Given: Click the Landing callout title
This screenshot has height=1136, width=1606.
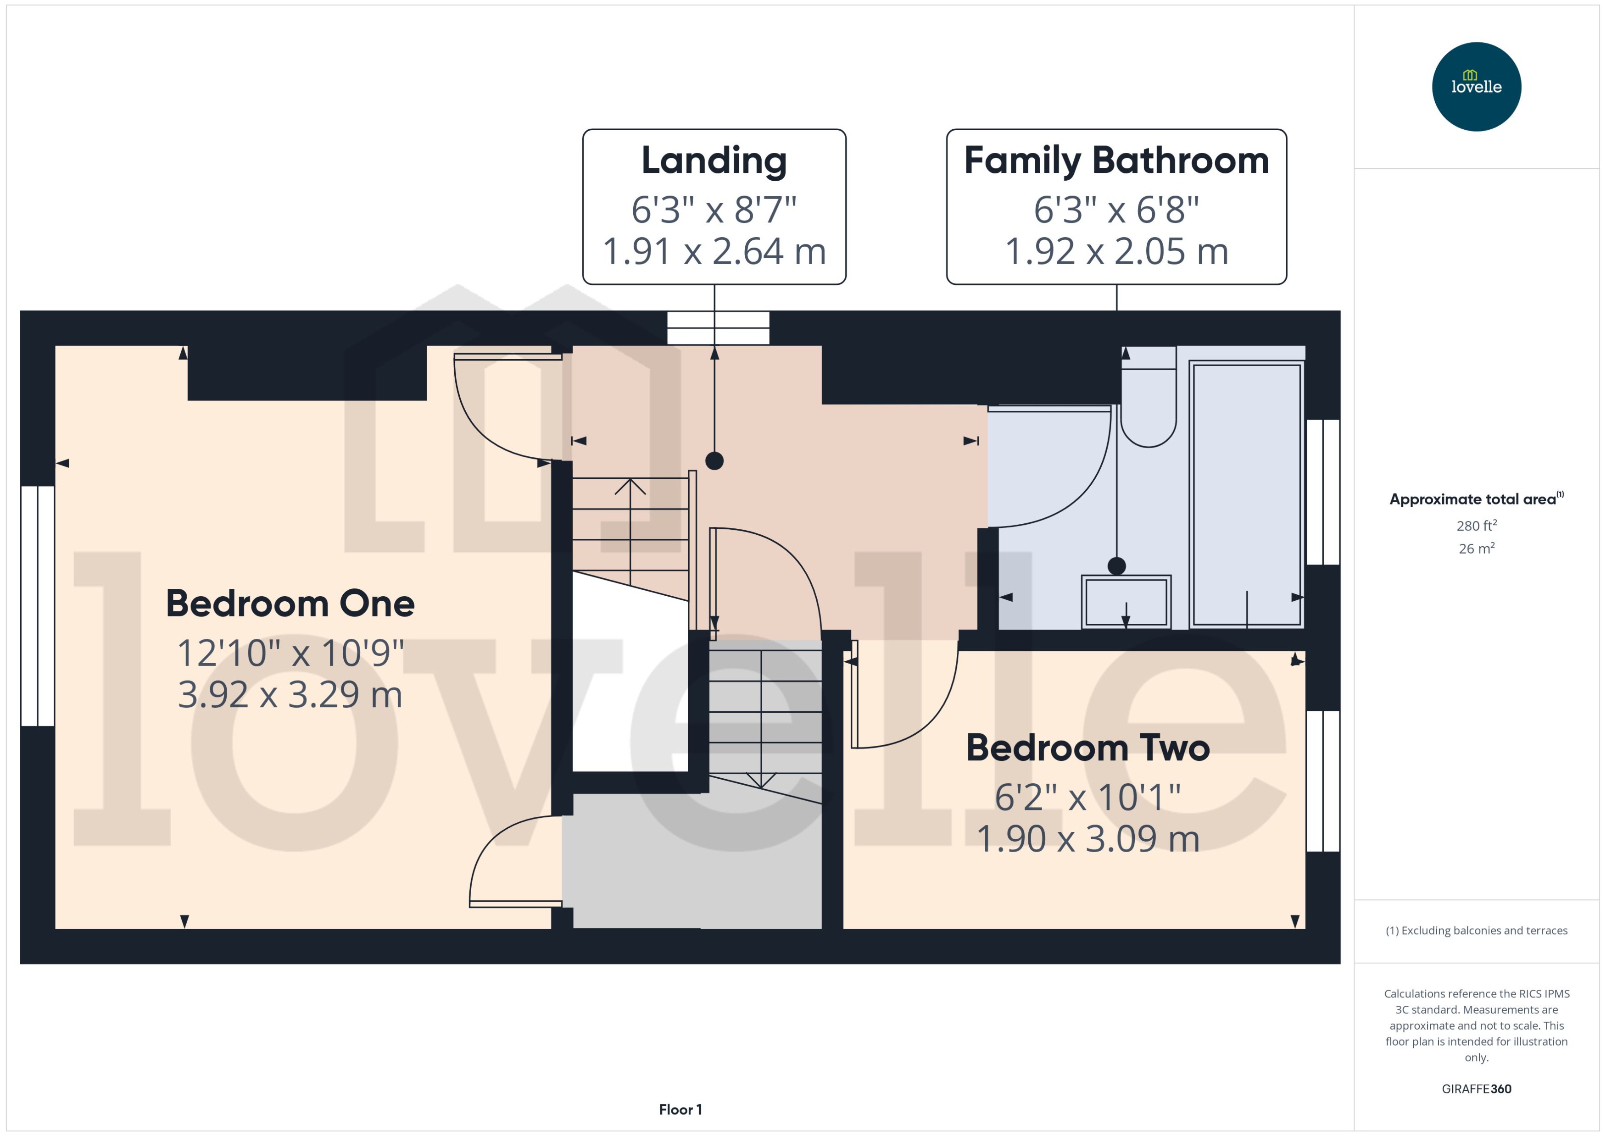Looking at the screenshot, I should (x=714, y=161).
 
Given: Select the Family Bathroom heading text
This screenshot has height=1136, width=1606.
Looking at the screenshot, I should (x=1116, y=161).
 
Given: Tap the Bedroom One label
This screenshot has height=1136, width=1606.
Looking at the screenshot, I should (x=290, y=604).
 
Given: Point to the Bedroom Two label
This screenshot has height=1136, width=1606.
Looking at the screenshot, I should (x=1087, y=748).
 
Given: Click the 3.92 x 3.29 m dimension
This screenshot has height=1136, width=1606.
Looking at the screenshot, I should (x=290, y=695).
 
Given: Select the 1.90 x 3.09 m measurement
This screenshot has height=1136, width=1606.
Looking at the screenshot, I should (x=1087, y=839).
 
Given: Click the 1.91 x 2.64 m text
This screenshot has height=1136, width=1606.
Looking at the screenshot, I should (x=714, y=252).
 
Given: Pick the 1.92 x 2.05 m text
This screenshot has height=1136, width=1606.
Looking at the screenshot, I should (x=1116, y=252).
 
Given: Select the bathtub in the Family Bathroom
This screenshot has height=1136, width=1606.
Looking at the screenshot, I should (x=1246, y=493).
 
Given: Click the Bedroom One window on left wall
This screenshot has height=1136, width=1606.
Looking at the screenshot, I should (x=37, y=606).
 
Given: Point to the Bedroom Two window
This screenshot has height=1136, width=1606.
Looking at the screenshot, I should (x=1322, y=781).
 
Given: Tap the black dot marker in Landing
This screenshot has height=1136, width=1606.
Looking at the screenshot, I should (x=714, y=461).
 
